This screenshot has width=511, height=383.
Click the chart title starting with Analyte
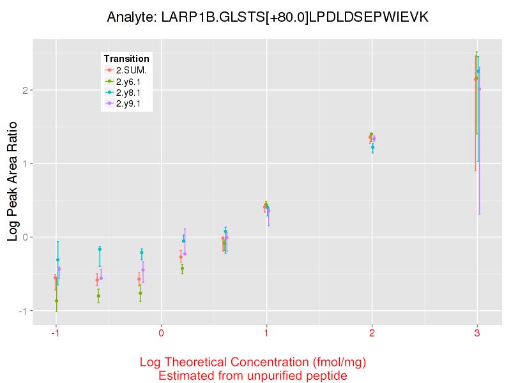click(x=267, y=18)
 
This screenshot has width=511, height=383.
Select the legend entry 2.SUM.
click(x=132, y=70)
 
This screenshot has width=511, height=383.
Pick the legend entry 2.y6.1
click(x=131, y=81)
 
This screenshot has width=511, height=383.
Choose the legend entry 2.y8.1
click(x=131, y=92)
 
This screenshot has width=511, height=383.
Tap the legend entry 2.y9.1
click(x=131, y=103)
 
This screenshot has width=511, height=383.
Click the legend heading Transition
click(x=126, y=59)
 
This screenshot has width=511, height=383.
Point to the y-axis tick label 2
click(x=24, y=90)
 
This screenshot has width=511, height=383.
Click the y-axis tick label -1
click(x=22, y=311)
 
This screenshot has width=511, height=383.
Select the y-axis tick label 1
click(x=24, y=163)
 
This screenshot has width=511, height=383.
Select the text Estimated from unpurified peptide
click(x=253, y=376)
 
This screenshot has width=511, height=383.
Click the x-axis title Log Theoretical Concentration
click(x=253, y=363)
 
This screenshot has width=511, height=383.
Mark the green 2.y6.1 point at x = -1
click(x=57, y=301)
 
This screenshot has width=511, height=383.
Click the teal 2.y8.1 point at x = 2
click(x=373, y=147)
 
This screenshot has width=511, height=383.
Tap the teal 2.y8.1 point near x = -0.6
click(x=100, y=249)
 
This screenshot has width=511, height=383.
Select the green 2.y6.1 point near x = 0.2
click(x=182, y=269)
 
